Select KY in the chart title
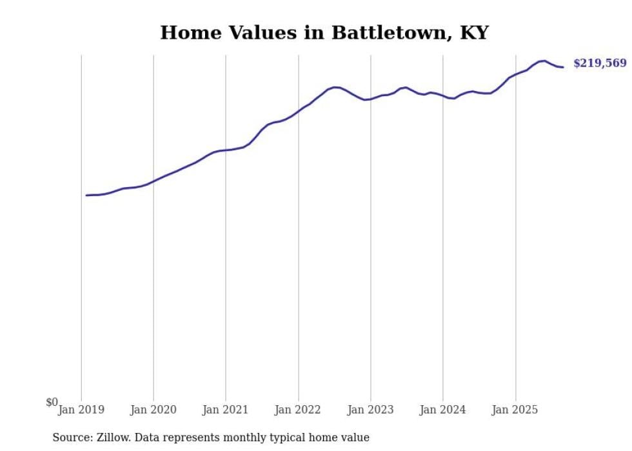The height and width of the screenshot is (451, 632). (474, 33)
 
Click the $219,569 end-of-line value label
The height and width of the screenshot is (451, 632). (600, 63)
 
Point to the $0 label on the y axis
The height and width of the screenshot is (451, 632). (52, 402)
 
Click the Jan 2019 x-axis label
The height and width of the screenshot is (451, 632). (81, 409)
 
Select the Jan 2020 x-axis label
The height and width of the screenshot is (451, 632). (153, 409)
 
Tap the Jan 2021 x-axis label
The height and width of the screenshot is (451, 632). (226, 409)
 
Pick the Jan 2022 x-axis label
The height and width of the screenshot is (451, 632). (298, 409)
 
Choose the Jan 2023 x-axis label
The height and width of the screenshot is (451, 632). (371, 409)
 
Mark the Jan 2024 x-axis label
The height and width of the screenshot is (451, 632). (443, 409)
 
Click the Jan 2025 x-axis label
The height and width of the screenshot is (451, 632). (515, 409)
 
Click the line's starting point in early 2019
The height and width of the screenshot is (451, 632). (86, 195)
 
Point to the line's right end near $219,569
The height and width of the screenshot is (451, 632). (563, 67)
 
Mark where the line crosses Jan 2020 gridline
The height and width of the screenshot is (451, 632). (153, 181)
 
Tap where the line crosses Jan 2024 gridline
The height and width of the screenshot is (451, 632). (443, 96)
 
